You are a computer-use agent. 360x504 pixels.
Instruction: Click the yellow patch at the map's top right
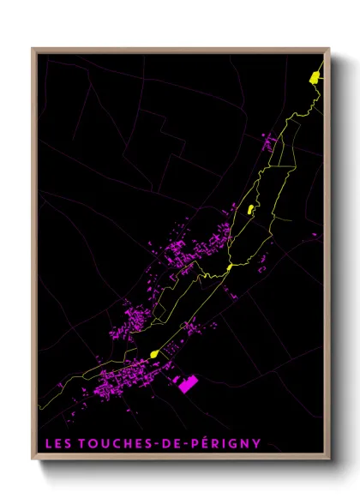tap(315, 77)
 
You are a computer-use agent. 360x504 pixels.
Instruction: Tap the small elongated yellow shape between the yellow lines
tap(249, 208)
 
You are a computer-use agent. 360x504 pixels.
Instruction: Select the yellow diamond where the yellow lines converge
tap(229, 267)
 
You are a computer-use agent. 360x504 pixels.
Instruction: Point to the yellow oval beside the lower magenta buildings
tap(154, 353)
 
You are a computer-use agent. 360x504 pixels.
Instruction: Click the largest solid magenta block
tap(188, 384)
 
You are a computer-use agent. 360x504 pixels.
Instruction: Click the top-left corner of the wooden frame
tap(33, 49)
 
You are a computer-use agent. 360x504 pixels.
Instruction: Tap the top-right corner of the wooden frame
tap(329, 49)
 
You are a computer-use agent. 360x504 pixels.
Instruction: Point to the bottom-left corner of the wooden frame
tap(33, 459)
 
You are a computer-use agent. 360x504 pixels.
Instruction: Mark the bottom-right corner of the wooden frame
tap(329, 459)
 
